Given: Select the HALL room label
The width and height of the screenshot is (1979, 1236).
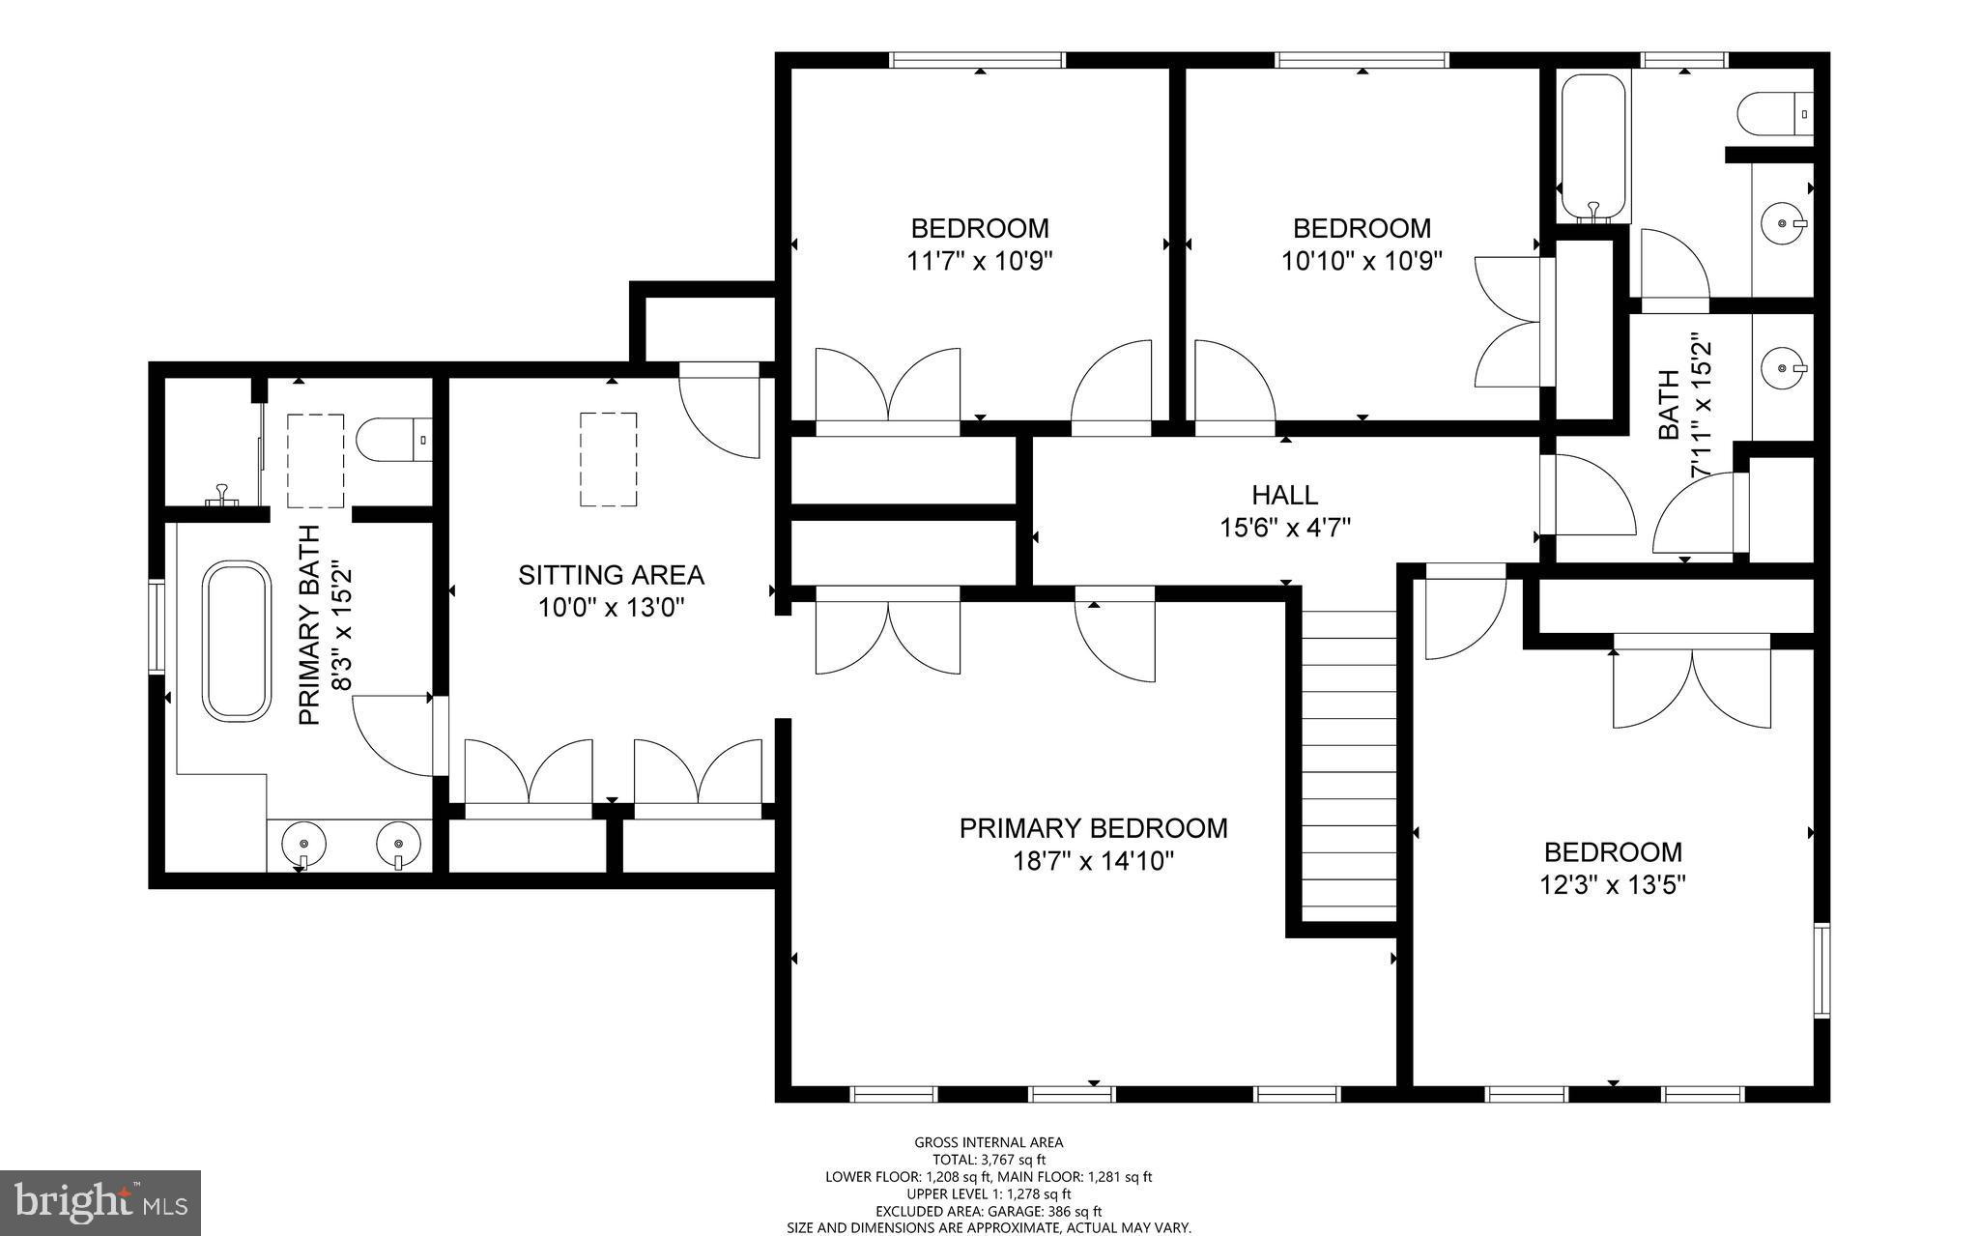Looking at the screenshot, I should coord(1284,495).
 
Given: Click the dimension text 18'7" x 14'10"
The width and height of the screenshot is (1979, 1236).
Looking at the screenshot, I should coord(1093,861).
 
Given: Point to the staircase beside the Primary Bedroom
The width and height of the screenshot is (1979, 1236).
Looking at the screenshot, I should coord(1348,763).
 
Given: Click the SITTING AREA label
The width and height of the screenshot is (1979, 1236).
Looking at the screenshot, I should coord(611,575).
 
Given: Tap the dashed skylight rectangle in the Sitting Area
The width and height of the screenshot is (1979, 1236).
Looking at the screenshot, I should coord(608,459).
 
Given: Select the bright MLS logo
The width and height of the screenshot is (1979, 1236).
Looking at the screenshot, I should coord(100,1202).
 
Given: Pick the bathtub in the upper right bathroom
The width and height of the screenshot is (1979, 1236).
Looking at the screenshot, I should coord(1592,145).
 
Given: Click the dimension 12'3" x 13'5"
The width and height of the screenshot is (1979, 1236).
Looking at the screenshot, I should coord(1613,885).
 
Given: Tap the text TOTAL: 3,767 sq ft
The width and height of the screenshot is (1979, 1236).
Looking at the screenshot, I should coord(989,1160).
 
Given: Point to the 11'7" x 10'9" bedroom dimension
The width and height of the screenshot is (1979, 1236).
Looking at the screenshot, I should coord(979,261).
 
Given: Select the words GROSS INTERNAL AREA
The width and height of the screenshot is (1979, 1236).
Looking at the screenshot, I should coord(989,1142).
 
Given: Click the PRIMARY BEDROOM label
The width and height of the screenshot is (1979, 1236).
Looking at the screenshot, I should coord(1093,828).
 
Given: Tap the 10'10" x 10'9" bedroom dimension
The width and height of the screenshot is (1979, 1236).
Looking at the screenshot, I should coord(1362,261).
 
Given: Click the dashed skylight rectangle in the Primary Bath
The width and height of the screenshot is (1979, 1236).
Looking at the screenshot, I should coord(316,460).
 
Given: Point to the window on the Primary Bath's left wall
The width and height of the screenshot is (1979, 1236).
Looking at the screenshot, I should coord(155,626).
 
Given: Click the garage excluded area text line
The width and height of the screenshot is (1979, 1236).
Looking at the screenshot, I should coord(989,1211).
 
